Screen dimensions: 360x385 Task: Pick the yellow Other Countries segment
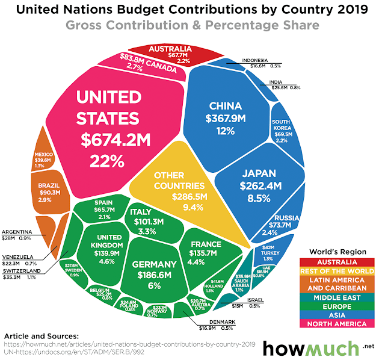point(180,187)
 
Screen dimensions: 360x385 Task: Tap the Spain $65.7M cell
point(99,211)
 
